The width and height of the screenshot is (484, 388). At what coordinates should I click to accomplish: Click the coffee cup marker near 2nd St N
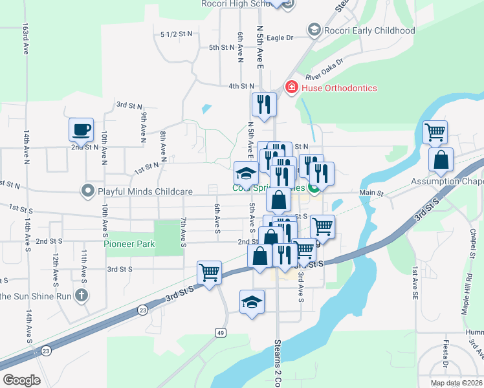click(82, 129)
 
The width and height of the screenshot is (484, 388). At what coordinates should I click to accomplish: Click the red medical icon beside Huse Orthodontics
click(291, 87)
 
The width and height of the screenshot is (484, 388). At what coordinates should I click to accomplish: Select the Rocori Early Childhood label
click(369, 30)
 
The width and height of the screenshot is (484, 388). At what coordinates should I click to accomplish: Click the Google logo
click(21, 380)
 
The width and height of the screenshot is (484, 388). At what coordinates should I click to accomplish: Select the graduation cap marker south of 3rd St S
click(252, 302)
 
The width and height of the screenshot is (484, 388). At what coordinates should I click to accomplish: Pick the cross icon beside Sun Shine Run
click(81, 296)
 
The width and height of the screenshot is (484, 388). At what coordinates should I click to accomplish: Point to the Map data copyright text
click(456, 383)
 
